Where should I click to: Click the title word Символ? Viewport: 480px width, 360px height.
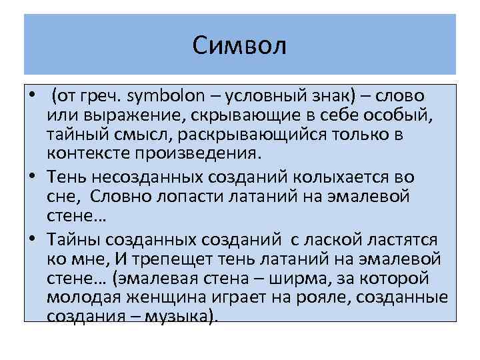pyautogui.click(x=239, y=46)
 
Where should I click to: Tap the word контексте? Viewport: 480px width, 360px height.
pyautogui.click(x=89, y=153)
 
